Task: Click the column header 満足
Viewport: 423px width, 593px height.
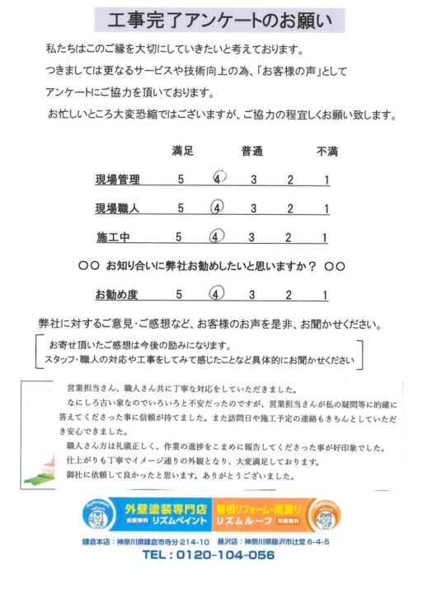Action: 182,152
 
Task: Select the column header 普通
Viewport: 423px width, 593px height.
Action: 252,152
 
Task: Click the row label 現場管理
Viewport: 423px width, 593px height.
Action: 118,180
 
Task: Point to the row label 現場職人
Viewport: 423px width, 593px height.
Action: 118,208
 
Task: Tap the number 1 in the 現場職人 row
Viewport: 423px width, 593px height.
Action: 327,208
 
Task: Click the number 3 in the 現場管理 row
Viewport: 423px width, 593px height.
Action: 253,180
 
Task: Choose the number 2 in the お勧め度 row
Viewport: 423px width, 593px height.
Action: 289,294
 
